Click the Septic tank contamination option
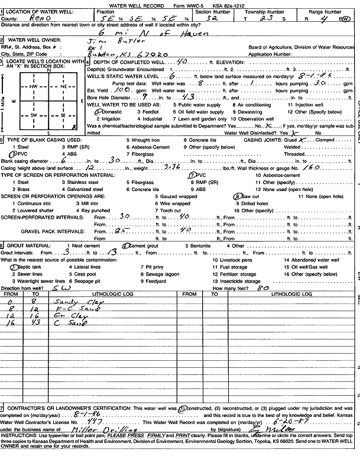point(27,266)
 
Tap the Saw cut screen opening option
point(251,196)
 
